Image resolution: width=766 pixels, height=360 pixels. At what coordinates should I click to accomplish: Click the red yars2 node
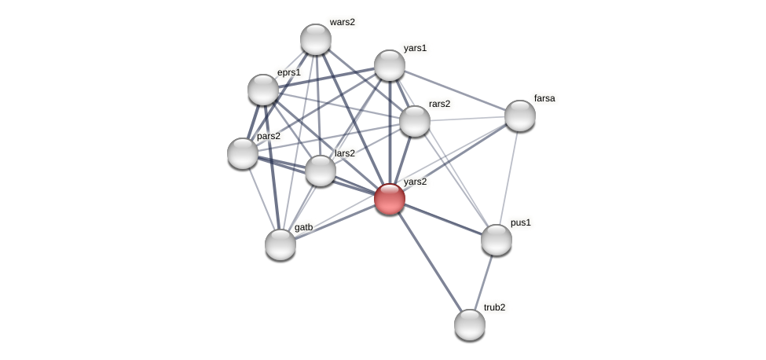pos(390,198)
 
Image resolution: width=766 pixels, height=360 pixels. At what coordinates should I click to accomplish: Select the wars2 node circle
pos(316,39)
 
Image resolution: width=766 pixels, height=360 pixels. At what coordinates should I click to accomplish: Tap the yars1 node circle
pos(390,65)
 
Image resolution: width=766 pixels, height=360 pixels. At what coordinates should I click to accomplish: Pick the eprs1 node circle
pos(263,90)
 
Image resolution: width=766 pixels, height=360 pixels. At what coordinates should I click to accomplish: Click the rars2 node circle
pos(415,121)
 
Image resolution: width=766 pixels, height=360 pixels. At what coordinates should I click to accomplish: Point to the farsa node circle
pos(520,116)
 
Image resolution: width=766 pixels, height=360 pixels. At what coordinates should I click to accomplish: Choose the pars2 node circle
pos(243,153)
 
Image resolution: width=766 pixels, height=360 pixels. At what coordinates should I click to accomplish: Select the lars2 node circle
pos(321,171)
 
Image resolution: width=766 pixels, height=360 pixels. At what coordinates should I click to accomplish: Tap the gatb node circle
pos(280,244)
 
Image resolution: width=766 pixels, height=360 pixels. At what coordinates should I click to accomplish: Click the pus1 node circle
pos(497,240)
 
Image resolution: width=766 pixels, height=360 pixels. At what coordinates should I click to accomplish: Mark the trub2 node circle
pos(470,325)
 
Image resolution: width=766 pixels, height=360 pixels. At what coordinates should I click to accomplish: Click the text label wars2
pos(342,22)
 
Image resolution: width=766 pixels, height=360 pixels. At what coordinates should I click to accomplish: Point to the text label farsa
pos(544,98)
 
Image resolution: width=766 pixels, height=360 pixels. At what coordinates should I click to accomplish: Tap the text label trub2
pos(494,307)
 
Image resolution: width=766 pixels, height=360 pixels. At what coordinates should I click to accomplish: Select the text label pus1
pos(520,222)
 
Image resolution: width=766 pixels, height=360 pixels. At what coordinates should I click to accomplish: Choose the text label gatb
pos(303,227)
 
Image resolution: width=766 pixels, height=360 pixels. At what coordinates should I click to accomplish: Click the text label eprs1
pos(288,72)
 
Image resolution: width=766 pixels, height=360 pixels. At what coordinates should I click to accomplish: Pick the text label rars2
pos(439,104)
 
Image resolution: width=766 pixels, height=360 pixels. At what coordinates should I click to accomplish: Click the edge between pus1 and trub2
pos(483,282)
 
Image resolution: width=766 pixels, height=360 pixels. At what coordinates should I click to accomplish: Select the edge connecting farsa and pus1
pos(508,178)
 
